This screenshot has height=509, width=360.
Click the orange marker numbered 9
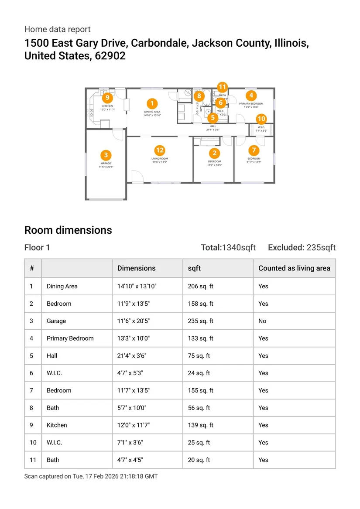click(x=107, y=98)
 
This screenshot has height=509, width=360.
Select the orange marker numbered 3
click(x=106, y=155)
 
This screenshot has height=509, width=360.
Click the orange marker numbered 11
click(x=223, y=87)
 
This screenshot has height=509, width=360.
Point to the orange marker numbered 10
click(x=261, y=119)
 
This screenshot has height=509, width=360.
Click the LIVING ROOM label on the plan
click(x=160, y=159)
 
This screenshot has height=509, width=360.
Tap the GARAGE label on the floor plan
click(x=106, y=164)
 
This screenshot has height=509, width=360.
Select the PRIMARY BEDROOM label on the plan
click(x=251, y=104)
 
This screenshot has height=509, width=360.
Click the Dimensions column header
click(x=136, y=268)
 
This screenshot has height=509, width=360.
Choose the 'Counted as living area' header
click(x=294, y=268)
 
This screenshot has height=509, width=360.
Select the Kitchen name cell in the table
click(x=57, y=425)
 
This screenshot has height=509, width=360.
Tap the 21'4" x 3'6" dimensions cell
click(x=132, y=356)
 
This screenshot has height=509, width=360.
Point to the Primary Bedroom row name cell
click(x=70, y=338)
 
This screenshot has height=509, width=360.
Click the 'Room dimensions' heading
click(x=68, y=230)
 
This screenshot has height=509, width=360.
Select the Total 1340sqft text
click(x=228, y=248)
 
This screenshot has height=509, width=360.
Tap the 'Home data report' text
click(x=58, y=29)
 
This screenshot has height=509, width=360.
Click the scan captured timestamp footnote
click(x=91, y=476)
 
